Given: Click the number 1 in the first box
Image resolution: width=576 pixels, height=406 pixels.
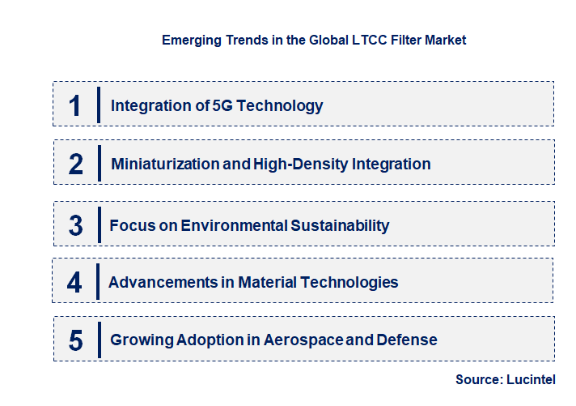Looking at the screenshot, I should tap(75, 105).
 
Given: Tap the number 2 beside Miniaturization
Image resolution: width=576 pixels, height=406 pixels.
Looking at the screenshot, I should tap(76, 165).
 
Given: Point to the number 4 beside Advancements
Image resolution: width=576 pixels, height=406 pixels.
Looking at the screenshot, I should tap(74, 283).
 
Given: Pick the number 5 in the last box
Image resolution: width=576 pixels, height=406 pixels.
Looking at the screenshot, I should tap(75, 340).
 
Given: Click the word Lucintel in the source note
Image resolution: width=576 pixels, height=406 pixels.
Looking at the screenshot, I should tap(532, 379).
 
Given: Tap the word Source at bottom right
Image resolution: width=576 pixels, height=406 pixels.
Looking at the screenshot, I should tap(478, 379).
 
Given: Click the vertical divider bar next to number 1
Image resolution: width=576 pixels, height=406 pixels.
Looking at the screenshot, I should tap(98, 105).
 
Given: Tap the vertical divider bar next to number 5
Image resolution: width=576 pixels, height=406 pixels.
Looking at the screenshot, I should tap(98, 340).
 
